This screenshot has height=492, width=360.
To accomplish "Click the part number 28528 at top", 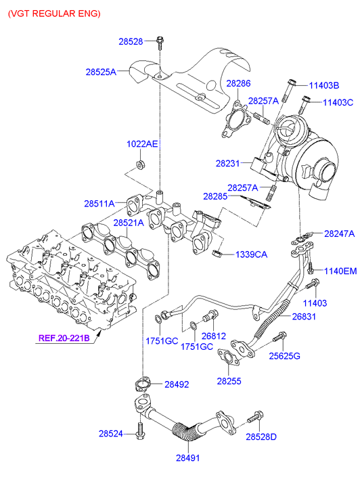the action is tap(131, 41).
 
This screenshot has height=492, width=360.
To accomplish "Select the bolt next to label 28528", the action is tap(160, 43).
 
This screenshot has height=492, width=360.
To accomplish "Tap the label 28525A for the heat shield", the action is tap(101, 72).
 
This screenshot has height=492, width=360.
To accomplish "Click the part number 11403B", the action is tap(324, 85).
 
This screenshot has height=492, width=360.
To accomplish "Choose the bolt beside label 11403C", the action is tap(304, 105).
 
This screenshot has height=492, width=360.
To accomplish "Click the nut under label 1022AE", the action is tap(139, 164).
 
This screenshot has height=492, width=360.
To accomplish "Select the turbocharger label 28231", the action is tap(227, 163).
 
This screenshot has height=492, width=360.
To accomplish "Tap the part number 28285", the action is tap(215, 196).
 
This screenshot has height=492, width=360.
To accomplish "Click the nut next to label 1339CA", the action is tap(217, 253).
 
